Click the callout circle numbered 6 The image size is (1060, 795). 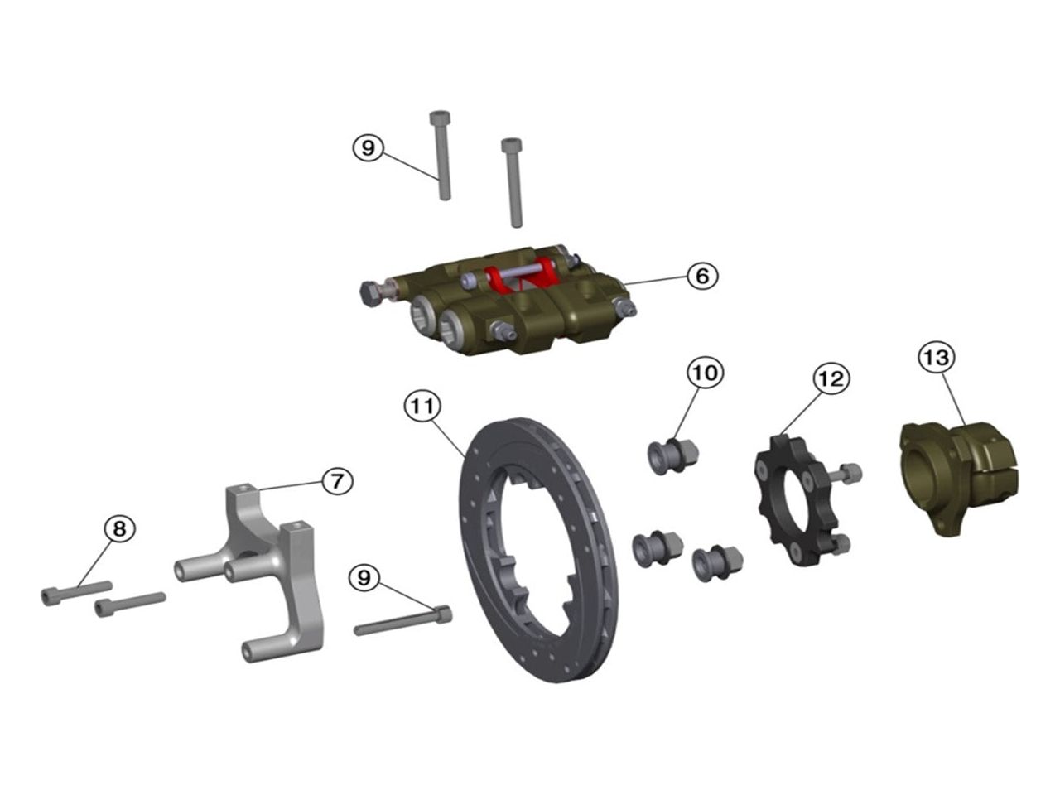point(702,276)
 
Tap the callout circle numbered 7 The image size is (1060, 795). point(337,481)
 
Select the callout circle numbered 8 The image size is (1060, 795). point(119,528)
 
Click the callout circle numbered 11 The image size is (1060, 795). point(422,407)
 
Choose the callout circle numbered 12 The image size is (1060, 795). point(831,379)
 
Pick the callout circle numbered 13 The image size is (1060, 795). point(937,358)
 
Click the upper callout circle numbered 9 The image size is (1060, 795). point(368,147)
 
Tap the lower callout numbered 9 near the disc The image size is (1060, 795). point(364,577)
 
